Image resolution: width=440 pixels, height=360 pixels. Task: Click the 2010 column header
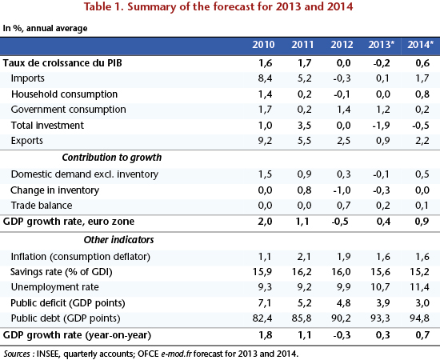(x=263, y=45)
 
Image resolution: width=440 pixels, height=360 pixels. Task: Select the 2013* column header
(x=381, y=45)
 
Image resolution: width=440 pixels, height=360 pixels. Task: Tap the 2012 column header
(x=342, y=45)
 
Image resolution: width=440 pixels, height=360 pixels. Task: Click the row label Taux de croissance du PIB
(x=62, y=63)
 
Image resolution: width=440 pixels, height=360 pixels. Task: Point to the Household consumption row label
(x=64, y=94)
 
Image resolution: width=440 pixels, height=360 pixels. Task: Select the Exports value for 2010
(x=265, y=141)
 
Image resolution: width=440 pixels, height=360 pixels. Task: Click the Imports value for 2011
(x=304, y=78)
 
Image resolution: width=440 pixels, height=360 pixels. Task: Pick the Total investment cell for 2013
(x=381, y=125)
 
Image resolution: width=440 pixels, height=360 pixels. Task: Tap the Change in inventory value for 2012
(x=342, y=190)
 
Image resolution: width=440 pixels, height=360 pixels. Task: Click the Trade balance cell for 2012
(x=343, y=206)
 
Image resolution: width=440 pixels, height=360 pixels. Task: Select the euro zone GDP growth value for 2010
(x=265, y=222)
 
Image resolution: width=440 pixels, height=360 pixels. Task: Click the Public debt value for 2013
(x=380, y=318)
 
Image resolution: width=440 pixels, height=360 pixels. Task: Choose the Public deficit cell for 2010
(x=265, y=303)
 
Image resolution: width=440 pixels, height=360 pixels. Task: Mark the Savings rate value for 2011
(x=302, y=272)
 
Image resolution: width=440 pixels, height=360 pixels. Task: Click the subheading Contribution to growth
(x=112, y=158)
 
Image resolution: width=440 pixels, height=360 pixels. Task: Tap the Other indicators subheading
(x=118, y=240)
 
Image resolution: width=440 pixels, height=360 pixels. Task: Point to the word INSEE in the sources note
(x=48, y=354)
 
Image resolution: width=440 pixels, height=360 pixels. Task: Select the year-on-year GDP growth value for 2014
(x=422, y=335)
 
